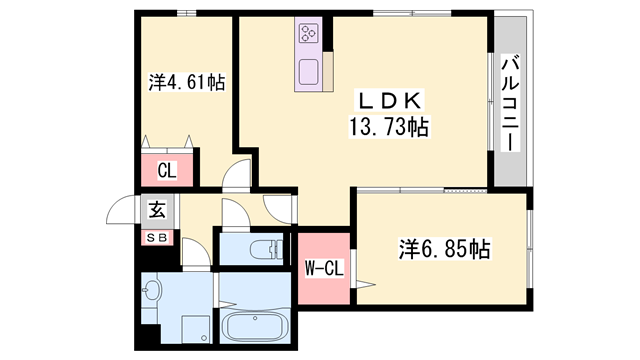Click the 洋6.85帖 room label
coord(447,248)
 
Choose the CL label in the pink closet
coord(166,171)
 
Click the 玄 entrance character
coord(158,210)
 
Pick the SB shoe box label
coord(158,237)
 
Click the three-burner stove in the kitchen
coord(306,35)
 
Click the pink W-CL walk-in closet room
coord(322,268)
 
